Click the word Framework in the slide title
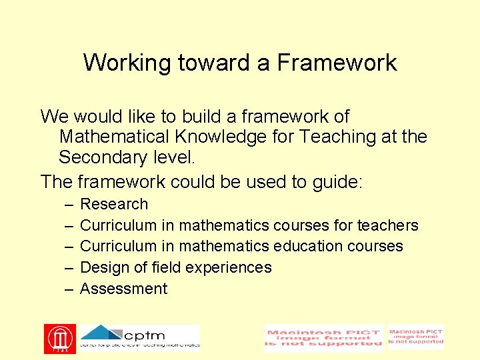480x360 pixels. click(x=337, y=63)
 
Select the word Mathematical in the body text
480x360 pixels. click(x=115, y=137)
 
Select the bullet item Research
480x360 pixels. click(x=114, y=204)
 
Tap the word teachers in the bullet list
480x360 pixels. click(x=388, y=225)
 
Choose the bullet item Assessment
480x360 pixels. click(x=124, y=289)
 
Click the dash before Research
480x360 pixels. click(x=69, y=205)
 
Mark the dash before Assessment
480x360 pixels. click(x=69, y=289)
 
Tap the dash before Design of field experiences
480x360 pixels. click(x=69, y=268)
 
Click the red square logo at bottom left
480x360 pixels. click(x=60, y=339)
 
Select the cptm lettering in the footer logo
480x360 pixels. click(x=145, y=334)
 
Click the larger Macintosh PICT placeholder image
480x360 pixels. click(x=324, y=339)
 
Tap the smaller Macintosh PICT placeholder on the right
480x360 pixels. click(x=416, y=337)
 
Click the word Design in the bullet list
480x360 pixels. click(x=101, y=267)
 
